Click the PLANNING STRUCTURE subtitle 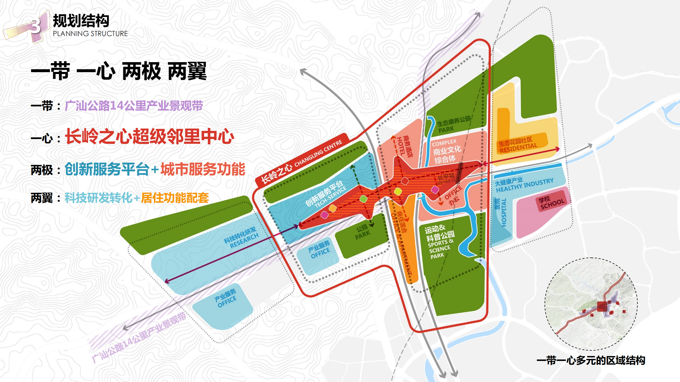tap(90, 34)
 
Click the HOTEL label tap(401, 146)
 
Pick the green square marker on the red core tap(363, 199)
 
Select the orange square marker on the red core tap(333, 209)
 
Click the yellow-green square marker tap(398, 191)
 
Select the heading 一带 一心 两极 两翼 tap(119, 71)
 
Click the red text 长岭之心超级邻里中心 tap(150, 137)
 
